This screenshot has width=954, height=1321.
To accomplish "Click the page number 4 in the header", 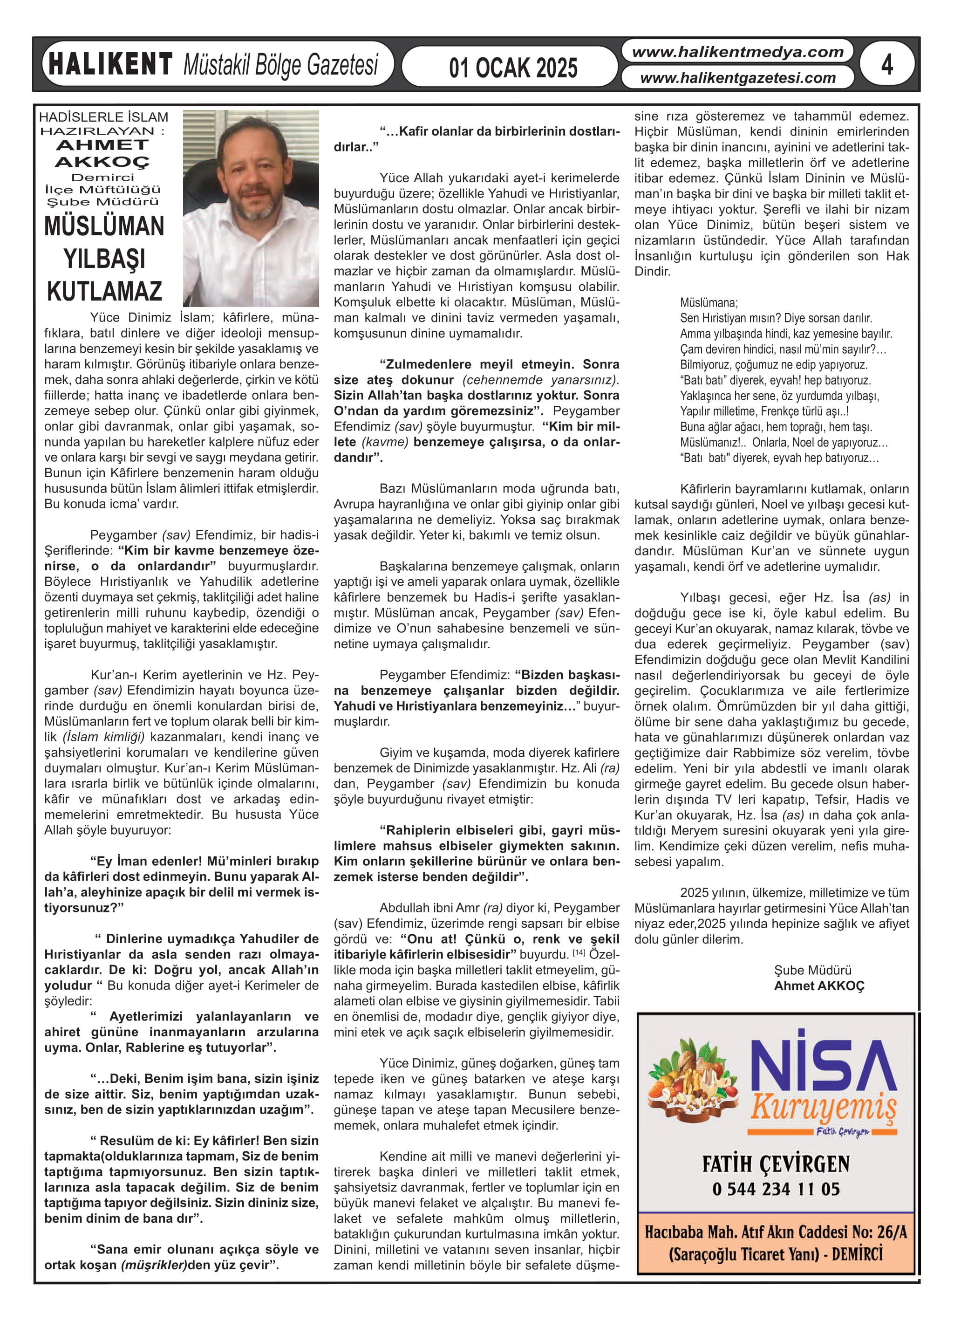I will coord(886,64).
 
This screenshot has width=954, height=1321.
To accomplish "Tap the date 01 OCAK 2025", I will coord(512,68).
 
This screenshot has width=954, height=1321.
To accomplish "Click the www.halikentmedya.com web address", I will coord(737,52).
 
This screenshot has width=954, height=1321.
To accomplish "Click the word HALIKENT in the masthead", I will coord(110,64).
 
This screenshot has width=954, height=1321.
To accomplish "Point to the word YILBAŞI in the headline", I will coord(104,259).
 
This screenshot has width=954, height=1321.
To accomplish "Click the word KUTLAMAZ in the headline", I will coord(104,291).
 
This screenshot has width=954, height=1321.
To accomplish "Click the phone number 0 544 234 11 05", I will coord(776,1189).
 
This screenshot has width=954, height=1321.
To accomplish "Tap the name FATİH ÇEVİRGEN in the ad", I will coord(776,1164).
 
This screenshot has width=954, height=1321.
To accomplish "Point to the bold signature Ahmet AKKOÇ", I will coord(819,986).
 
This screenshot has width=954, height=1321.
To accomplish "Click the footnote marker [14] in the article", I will coord(579,953).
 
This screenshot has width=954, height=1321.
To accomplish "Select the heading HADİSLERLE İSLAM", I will coord(104,117).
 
